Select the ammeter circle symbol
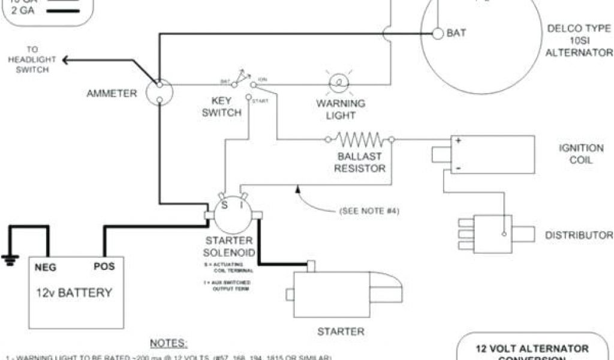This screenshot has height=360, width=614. tap(160, 92)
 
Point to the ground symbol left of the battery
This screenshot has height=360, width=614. tap(10, 259)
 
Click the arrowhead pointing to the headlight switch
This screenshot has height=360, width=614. tap(65, 59)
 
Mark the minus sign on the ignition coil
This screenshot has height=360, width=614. tap(458, 169)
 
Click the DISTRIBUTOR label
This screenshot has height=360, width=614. tap(579, 235)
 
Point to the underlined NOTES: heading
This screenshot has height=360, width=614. tap(168, 343)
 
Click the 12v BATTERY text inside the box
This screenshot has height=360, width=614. tap(74, 293)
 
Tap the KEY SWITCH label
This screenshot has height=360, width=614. tap(221, 107)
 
